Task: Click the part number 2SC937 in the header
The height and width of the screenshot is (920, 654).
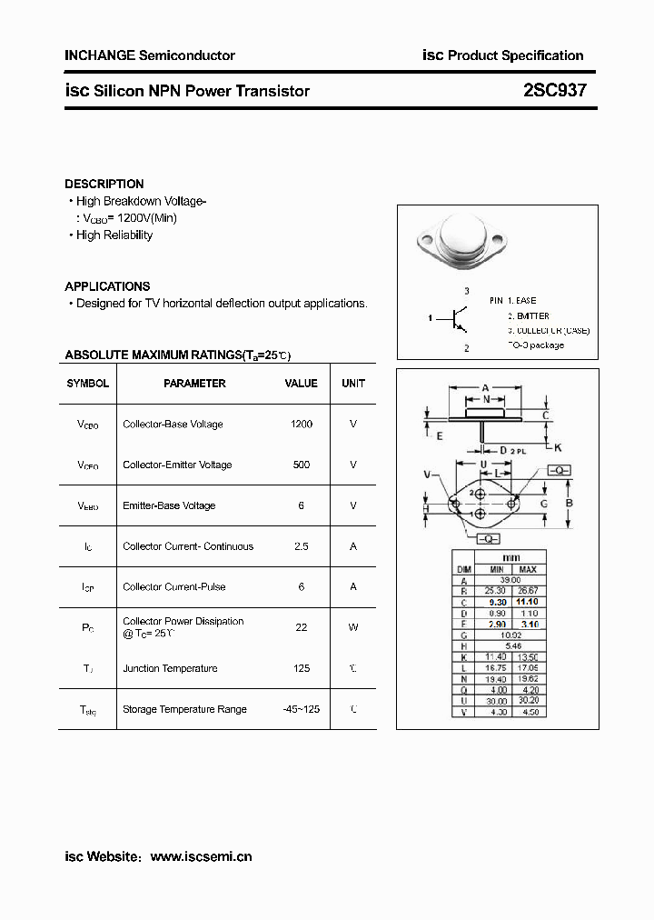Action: coord(555,91)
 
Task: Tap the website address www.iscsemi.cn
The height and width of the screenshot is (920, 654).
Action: coord(201,856)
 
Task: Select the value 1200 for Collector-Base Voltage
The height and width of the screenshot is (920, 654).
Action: coord(302,425)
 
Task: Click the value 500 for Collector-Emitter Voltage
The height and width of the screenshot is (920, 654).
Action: coord(302,465)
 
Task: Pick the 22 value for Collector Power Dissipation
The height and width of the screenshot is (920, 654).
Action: coord(302,627)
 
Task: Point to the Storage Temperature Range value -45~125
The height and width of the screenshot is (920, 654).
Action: coord(302,709)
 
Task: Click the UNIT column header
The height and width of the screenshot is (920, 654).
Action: coord(353,384)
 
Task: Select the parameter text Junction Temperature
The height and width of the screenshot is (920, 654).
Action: coord(170,668)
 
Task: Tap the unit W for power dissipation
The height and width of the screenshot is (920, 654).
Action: coord(353,627)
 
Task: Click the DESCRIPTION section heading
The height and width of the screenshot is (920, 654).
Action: coord(104,184)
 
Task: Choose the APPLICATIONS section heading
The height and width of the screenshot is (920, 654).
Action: coord(107,286)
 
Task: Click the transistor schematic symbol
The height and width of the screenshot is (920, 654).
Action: coord(457,318)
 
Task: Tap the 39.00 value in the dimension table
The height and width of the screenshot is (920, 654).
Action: coord(510,580)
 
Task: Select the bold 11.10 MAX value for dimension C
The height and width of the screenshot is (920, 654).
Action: coord(527,602)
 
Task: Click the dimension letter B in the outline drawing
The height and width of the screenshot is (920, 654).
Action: coord(569,503)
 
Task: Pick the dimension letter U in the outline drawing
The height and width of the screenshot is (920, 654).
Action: coord(484,465)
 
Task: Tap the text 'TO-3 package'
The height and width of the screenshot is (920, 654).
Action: coord(536,345)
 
